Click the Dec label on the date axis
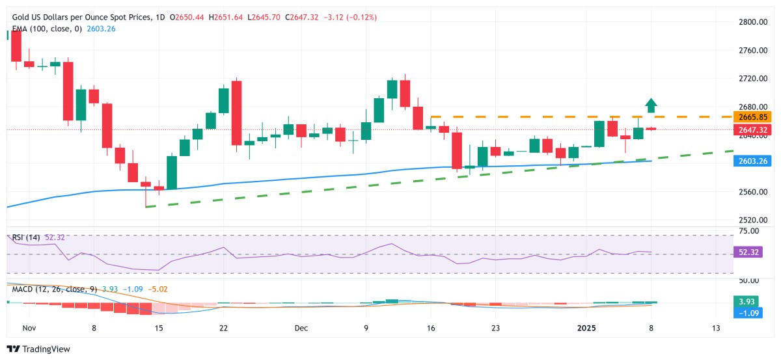point(301,328)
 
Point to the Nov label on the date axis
point(29,328)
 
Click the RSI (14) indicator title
point(27,237)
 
